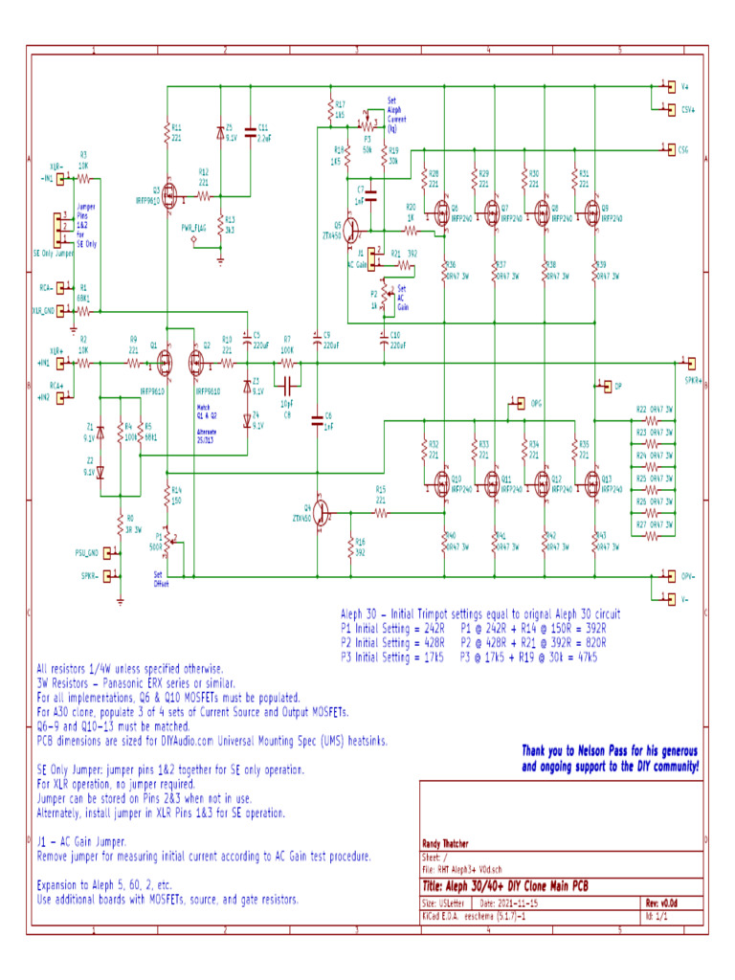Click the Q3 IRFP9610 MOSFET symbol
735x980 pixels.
[169, 196]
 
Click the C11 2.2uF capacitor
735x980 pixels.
[250, 133]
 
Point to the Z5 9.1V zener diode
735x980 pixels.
[220, 133]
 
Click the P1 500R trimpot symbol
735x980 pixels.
[167, 542]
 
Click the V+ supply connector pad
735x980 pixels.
[671, 85]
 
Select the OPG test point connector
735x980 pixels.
[518, 403]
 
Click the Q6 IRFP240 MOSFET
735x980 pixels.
[442, 211]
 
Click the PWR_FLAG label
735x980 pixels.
[194, 228]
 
